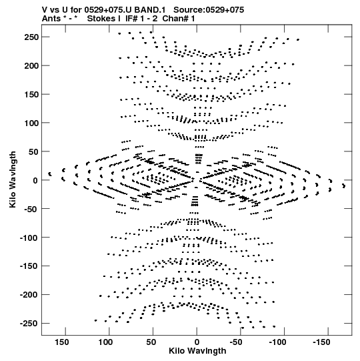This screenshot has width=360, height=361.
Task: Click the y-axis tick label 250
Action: click(x=31, y=37)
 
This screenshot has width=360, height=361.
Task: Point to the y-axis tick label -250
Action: click(x=29, y=324)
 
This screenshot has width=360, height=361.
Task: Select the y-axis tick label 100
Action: click(x=31, y=123)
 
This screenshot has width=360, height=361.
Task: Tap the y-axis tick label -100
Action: click(x=29, y=238)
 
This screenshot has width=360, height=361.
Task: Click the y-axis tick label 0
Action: click(x=35, y=180)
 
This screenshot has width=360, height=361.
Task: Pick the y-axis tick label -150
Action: click(x=29, y=266)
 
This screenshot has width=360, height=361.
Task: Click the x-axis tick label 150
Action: click(x=61, y=342)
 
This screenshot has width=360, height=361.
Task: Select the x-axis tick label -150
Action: click(x=321, y=342)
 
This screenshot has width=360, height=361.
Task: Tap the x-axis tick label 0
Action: click(x=197, y=342)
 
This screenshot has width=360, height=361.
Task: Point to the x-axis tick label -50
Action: click(x=236, y=342)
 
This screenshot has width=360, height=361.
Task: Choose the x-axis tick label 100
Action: click(x=105, y=342)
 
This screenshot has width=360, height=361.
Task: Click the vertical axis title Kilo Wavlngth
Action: click(x=13, y=179)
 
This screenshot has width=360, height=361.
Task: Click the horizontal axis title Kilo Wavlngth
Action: click(x=197, y=351)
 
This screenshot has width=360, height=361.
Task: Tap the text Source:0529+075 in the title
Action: click(x=209, y=10)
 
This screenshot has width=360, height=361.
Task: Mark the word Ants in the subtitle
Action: click(x=51, y=19)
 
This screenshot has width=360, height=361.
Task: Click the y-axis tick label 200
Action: click(x=31, y=66)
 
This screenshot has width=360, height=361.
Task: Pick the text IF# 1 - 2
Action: click(x=141, y=19)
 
